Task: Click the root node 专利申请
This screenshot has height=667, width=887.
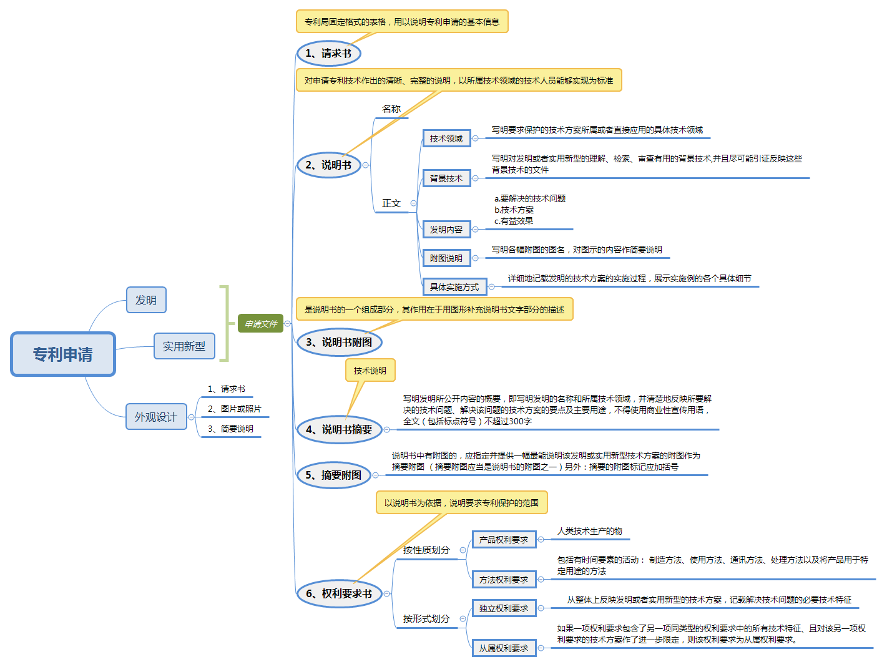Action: click(x=63, y=354)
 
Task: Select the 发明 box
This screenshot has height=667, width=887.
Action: click(x=146, y=300)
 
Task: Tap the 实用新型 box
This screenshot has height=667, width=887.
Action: click(x=184, y=346)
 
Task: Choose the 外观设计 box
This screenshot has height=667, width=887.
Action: click(x=156, y=417)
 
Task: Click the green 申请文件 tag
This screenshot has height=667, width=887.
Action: click(x=260, y=324)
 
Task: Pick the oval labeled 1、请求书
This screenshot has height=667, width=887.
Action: click(x=328, y=54)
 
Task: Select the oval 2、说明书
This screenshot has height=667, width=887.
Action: click(x=328, y=165)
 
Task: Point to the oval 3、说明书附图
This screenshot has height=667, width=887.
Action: click(x=339, y=343)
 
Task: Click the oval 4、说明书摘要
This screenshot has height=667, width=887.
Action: click(x=339, y=430)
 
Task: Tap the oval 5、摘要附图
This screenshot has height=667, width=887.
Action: click(x=333, y=475)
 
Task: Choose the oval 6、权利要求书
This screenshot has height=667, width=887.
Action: click(x=339, y=594)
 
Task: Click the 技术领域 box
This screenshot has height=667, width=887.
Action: click(x=446, y=139)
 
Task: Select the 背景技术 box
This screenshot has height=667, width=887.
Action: click(x=446, y=178)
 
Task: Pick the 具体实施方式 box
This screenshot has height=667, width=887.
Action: click(x=454, y=287)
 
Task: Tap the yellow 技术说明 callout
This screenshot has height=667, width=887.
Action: click(x=370, y=371)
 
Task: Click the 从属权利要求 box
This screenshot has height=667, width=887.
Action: click(x=504, y=648)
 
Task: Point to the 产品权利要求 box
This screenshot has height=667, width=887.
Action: click(x=504, y=540)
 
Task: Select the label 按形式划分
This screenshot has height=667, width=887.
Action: click(x=426, y=619)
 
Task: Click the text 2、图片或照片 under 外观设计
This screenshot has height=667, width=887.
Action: click(x=235, y=409)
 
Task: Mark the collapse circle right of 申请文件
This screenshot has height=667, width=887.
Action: click(x=288, y=324)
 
